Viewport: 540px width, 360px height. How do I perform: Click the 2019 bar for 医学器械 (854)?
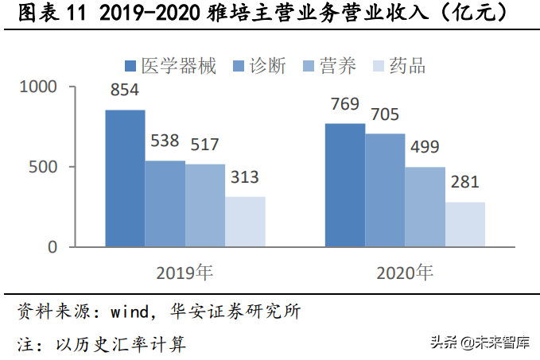click(x=125, y=178)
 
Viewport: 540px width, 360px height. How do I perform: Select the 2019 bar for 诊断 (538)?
click(x=165, y=203)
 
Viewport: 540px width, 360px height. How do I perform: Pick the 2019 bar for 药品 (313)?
click(x=244, y=222)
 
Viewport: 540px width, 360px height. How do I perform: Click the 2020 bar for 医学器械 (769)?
click(x=345, y=184)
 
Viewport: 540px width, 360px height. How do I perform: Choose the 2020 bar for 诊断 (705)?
click(x=385, y=190)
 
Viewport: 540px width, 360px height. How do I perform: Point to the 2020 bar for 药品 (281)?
click(x=464, y=224)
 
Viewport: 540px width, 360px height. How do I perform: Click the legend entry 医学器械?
click(x=171, y=66)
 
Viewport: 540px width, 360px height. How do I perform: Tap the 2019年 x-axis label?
click(x=185, y=273)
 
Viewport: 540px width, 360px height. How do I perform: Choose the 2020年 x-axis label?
click(x=405, y=273)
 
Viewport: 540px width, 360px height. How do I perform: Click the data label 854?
click(x=125, y=91)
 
